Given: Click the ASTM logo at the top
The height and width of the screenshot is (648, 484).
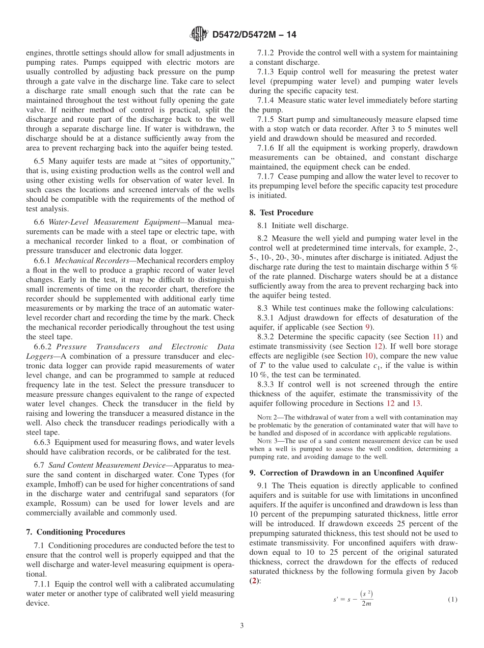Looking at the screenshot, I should point(199,34).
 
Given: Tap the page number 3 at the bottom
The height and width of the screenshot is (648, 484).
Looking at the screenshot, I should point(242,626).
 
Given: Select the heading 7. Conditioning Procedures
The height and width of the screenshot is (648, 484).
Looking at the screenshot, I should point(75,532).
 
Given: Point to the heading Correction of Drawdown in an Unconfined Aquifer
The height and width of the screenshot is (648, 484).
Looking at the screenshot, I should point(352,472).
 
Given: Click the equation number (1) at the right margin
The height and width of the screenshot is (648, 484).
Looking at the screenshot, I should point(452,600).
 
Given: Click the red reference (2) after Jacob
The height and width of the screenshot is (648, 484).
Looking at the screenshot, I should point(254,581).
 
